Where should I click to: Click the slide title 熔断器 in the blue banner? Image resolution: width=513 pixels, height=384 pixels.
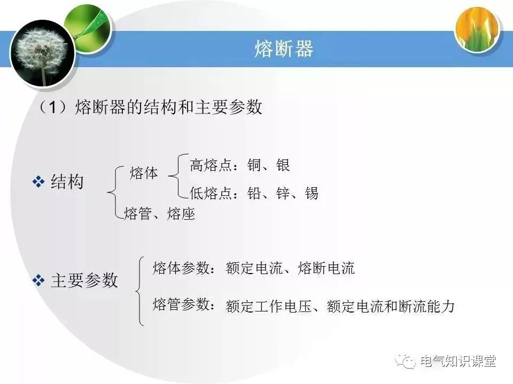(283, 49)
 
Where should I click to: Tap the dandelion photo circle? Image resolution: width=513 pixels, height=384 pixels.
(42, 53)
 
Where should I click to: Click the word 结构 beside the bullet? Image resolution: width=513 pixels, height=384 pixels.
(67, 182)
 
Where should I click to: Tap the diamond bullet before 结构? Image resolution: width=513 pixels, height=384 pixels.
(38, 182)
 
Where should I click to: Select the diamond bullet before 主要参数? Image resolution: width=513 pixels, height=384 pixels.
(38, 281)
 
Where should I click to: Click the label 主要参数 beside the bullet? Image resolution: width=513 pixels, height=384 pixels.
(84, 281)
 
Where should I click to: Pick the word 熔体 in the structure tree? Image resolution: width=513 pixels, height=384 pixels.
(144, 173)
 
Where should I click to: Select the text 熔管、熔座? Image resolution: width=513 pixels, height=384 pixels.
(159, 214)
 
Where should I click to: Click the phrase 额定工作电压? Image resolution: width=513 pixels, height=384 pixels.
(268, 307)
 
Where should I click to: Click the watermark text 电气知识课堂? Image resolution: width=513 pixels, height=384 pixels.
(458, 362)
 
